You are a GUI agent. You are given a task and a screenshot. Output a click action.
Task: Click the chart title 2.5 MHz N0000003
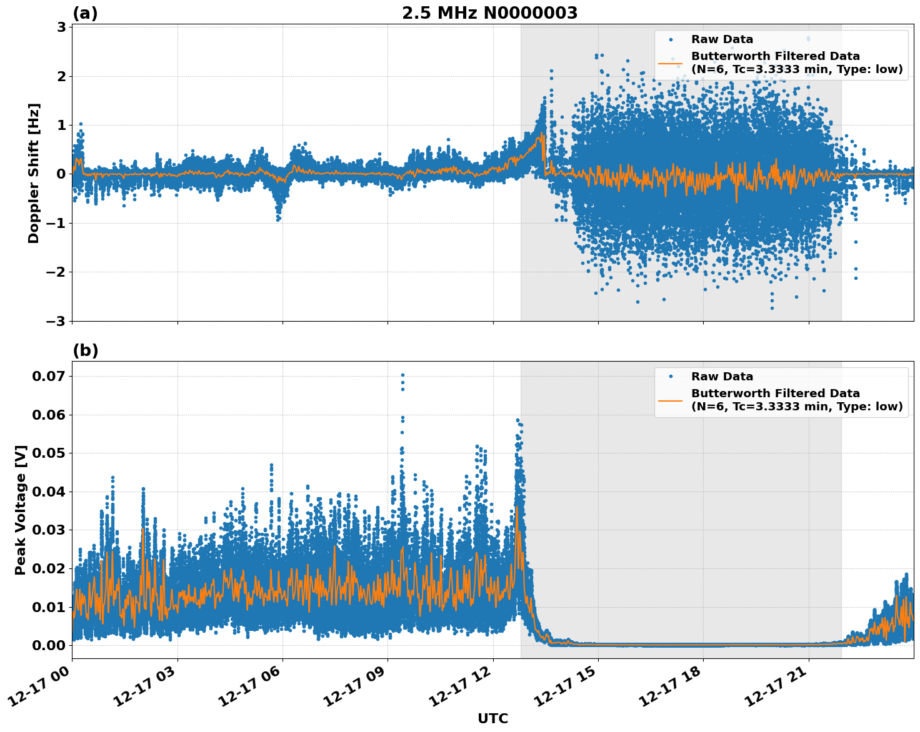coord(489,13)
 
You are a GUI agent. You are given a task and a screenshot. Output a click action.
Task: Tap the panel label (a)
coord(85,13)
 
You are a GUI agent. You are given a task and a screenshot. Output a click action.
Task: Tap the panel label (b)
coord(85,350)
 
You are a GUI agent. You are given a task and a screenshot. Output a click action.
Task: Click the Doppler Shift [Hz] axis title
coord(34,173)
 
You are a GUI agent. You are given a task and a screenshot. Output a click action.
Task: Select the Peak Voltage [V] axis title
coord(21,510)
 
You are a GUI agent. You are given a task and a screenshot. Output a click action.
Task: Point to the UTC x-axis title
coord(492,718)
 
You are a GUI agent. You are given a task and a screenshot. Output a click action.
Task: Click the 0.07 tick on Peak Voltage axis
coord(49,376)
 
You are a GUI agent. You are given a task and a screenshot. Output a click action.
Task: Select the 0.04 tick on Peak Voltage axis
coord(49,492)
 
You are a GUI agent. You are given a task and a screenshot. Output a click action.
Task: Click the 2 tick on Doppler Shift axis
coord(62,76)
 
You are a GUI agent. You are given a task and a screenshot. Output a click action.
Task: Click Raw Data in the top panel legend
coord(722,39)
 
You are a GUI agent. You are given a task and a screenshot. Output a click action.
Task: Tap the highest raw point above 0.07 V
coord(402,375)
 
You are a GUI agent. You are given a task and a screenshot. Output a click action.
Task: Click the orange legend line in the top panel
coord(670,62)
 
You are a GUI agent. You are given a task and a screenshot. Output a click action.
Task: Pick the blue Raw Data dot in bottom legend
coord(670,377)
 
